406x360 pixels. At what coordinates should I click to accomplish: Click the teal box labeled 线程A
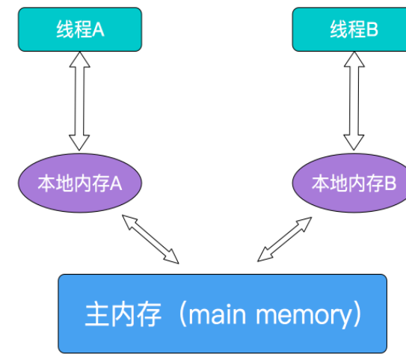click(x=80, y=29)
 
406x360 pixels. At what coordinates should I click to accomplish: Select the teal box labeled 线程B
click(x=349, y=29)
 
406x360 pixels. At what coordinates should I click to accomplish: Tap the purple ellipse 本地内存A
click(x=80, y=183)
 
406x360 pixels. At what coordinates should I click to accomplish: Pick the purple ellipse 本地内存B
click(x=349, y=183)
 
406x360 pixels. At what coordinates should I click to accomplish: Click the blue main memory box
click(x=222, y=314)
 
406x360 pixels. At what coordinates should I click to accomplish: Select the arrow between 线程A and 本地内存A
click(x=79, y=101)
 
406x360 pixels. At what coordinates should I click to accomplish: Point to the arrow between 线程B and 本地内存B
click(x=354, y=101)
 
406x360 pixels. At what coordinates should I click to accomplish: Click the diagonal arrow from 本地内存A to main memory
click(x=150, y=240)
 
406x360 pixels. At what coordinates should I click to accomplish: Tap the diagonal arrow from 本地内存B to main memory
click(x=285, y=240)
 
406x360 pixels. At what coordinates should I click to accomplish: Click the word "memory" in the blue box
click(x=304, y=315)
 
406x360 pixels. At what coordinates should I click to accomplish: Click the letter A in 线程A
click(x=98, y=30)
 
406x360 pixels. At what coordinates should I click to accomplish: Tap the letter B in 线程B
click(x=372, y=29)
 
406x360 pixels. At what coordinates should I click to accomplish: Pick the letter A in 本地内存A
click(x=116, y=184)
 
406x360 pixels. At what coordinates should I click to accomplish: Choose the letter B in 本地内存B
click(x=390, y=183)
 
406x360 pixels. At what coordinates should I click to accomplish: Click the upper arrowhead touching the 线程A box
click(x=80, y=60)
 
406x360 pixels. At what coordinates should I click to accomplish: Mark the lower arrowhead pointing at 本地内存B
click(x=354, y=142)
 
